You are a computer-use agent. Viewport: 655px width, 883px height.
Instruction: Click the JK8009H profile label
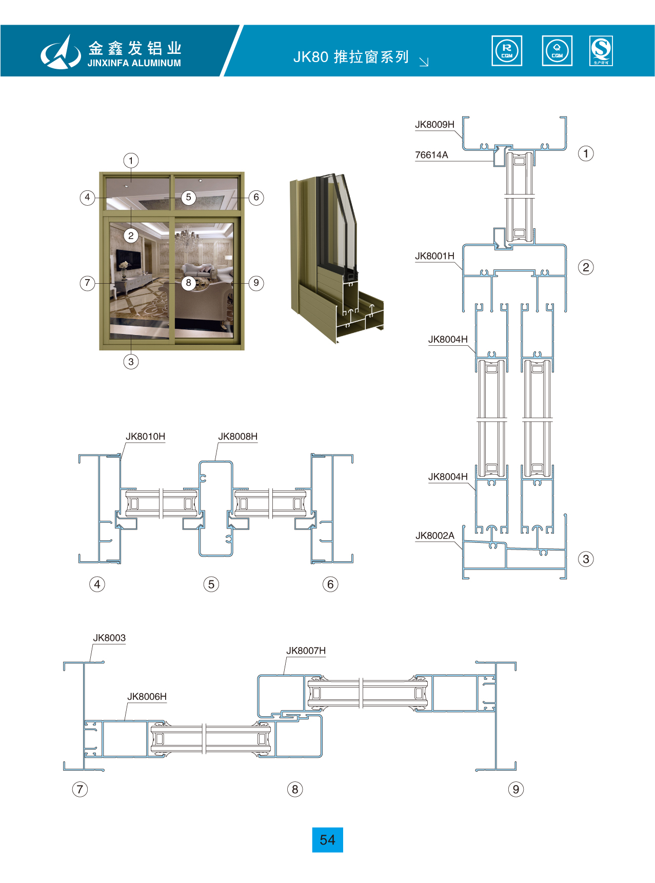coord(434,125)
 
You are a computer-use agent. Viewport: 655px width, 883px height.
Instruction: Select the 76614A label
coord(431,155)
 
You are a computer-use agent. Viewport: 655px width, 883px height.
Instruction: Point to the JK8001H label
coord(434,256)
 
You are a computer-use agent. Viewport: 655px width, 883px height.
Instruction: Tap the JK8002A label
coord(434,536)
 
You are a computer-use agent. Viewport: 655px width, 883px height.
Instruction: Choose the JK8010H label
coord(145,437)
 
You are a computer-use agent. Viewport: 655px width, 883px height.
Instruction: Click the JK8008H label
coord(237,437)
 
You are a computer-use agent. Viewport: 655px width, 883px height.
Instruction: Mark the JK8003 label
coord(109,638)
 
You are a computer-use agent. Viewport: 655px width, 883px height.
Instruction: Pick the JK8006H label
coord(147,696)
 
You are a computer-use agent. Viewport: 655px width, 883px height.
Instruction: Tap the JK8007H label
coord(306,651)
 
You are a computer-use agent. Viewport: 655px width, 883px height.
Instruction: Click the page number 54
coord(327,840)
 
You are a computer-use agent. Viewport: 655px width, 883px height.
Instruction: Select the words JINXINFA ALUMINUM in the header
coord(134,63)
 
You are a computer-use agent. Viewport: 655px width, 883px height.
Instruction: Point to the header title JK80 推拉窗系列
coord(351,57)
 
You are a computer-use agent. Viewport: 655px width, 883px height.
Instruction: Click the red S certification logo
coord(601,50)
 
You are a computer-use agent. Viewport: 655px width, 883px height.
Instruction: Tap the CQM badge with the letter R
coord(507,51)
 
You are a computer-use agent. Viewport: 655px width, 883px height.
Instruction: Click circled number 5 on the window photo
coord(188,198)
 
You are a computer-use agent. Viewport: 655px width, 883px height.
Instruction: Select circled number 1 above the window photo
coord(131,161)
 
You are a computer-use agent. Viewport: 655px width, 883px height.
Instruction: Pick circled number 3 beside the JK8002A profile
coord(586,559)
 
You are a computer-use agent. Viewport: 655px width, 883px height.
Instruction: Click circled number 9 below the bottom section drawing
coord(515,789)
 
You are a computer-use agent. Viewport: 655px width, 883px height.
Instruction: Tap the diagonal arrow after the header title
coord(424,62)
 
